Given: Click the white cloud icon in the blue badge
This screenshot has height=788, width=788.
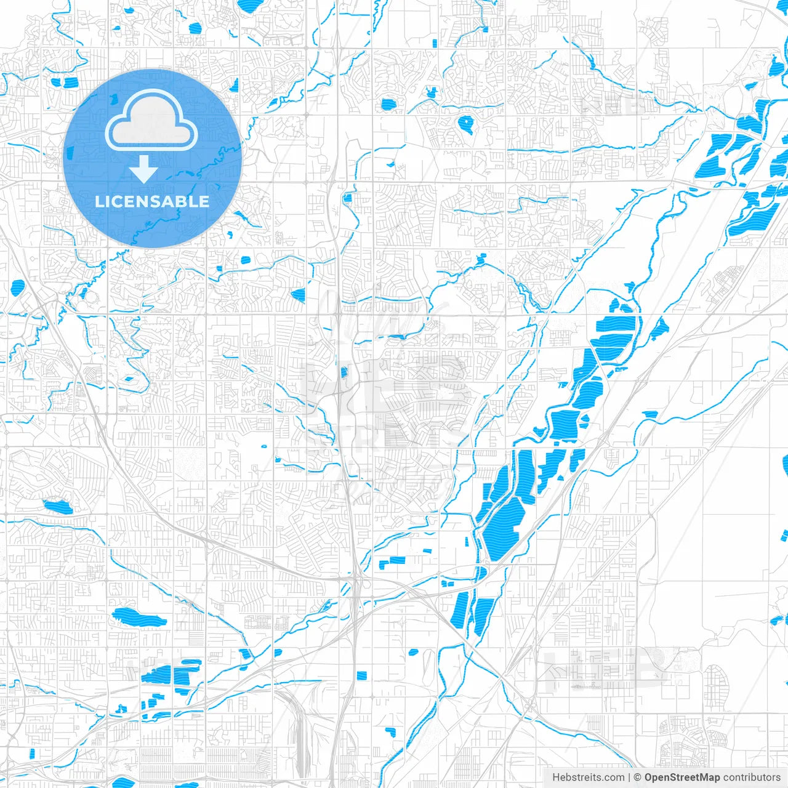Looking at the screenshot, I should tap(151, 121).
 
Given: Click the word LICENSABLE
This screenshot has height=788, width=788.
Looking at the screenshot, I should tap(152, 201).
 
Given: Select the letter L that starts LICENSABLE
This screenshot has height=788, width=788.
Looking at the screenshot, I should tap(98, 201).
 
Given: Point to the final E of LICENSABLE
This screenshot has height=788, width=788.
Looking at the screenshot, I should tap(204, 201).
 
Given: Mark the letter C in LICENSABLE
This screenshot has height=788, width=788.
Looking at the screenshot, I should tap(115, 201).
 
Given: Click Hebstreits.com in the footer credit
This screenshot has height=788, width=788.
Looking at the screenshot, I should tap(588, 778).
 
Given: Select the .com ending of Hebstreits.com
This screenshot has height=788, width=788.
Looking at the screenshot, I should tap(613, 778).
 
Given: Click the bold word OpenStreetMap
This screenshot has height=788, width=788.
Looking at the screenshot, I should tap(681, 778).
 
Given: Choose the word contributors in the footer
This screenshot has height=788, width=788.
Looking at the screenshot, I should tap(752, 778).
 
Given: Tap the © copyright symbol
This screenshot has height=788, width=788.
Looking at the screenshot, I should tap(638, 778).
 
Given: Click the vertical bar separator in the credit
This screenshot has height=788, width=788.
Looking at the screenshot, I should tap(629, 778).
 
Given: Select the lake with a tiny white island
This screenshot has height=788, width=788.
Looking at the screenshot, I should tap(465, 124).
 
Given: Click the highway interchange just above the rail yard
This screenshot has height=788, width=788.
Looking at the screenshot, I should tap(356, 582).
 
